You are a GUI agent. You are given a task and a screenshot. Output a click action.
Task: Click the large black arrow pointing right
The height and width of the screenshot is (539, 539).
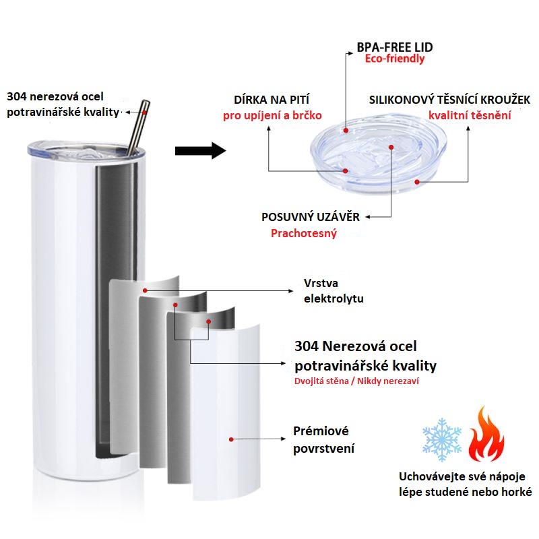(199, 150)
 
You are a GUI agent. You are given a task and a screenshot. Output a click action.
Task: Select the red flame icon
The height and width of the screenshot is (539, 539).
(486, 435)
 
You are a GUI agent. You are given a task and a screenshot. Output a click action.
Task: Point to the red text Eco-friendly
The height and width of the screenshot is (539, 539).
(395, 59)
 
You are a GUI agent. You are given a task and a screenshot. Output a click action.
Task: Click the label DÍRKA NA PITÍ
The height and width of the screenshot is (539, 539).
(281, 100)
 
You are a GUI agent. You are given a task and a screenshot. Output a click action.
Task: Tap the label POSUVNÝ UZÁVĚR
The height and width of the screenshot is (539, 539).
(311, 217)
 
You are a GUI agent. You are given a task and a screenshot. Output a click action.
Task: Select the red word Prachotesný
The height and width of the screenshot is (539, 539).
(304, 234)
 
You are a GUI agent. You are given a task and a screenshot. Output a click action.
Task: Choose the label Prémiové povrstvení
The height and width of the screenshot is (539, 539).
(324, 439)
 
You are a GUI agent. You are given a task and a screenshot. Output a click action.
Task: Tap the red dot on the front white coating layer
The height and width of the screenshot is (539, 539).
(230, 439)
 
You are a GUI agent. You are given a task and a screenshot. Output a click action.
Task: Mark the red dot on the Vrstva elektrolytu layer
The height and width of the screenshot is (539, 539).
(144, 290)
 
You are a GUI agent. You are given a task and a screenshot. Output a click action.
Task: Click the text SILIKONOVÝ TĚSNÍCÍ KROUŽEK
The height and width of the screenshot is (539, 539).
(450, 100)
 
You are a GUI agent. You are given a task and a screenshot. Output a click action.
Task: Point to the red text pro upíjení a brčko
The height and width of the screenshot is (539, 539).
(281, 115)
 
